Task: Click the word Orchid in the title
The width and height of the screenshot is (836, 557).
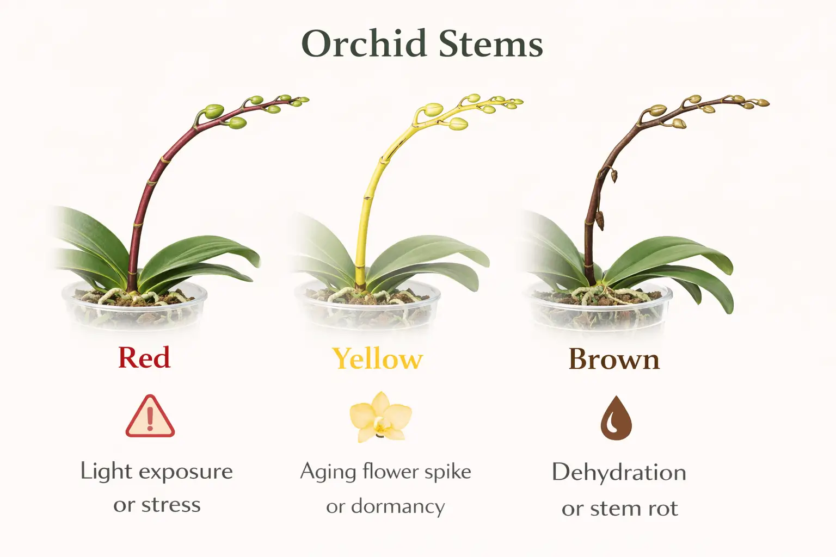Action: pos(363,44)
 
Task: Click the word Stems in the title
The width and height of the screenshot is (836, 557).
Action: pos(491,44)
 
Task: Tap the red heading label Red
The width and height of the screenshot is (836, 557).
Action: pos(144,358)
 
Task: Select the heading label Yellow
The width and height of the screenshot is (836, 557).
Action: pos(377,359)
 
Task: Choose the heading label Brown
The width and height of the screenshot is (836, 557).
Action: pos(614,359)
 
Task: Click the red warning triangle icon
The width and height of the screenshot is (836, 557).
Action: pos(150,417)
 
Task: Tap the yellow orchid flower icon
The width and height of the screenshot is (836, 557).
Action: pos(380,417)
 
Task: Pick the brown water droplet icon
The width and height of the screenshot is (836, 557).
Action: pos(616,418)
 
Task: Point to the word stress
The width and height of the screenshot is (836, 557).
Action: pos(171,505)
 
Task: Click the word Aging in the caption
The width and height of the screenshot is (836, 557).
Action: pos(327,472)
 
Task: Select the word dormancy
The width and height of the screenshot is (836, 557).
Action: pos(398,506)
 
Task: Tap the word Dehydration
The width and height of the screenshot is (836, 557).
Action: pos(619,472)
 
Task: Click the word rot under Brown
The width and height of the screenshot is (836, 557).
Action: pos(663,509)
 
